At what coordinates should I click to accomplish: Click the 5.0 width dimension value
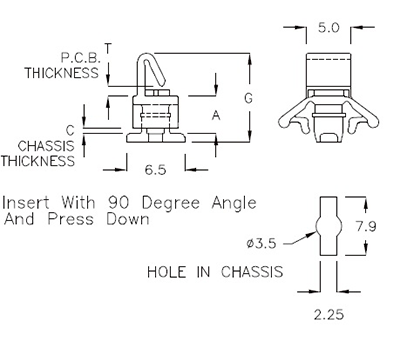[328, 28]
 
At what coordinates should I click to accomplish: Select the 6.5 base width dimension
[155, 170]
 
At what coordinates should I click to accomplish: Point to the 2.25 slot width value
[328, 315]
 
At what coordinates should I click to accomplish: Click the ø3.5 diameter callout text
[262, 244]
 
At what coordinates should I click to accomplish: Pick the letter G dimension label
[248, 98]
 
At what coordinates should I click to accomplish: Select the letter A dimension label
[216, 116]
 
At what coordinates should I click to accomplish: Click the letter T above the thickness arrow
[108, 48]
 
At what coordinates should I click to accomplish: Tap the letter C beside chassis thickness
[70, 130]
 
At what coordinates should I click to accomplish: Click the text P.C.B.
[80, 58]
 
